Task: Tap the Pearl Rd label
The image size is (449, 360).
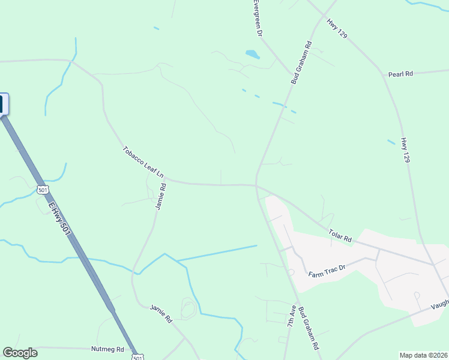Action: click(x=400, y=74)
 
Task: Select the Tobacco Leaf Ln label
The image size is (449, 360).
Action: click(x=143, y=162)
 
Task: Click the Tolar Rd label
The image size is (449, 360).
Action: click(x=339, y=234)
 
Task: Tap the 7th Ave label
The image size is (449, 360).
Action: click(x=291, y=314)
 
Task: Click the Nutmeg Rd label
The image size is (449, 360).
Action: click(x=107, y=349)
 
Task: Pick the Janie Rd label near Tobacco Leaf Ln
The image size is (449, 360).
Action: click(x=160, y=196)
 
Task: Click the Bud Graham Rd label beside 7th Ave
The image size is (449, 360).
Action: click(x=312, y=329)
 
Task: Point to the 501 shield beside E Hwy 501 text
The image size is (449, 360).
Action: click(x=42, y=190)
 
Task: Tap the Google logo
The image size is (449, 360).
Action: click(x=20, y=352)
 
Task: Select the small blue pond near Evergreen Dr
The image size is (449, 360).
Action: click(x=252, y=55)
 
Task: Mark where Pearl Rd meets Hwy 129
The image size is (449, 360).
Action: click(x=384, y=76)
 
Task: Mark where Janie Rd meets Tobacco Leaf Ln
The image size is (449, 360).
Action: click(x=164, y=178)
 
